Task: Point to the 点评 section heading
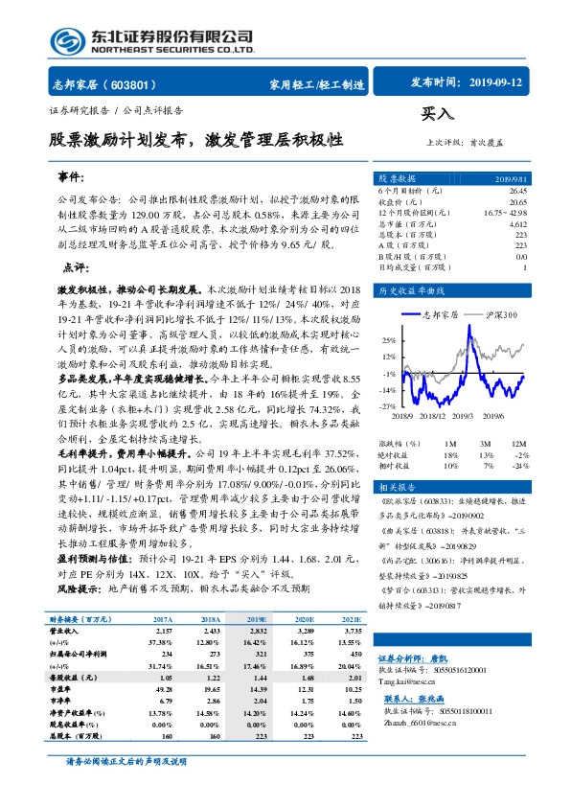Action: (x=75, y=267)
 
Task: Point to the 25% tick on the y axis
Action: (x=389, y=339)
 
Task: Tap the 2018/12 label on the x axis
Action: (x=431, y=413)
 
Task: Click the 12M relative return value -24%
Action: (x=518, y=465)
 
